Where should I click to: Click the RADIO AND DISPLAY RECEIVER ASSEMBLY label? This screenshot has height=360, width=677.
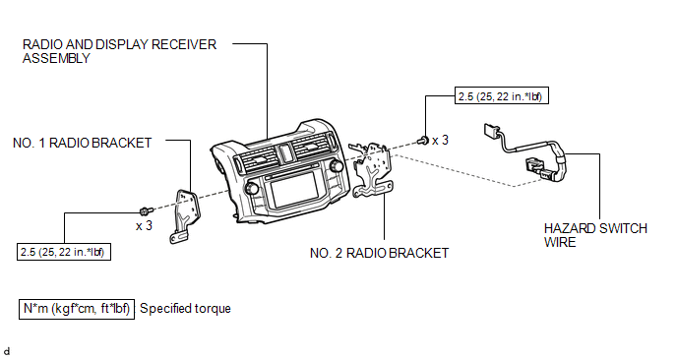(119, 51)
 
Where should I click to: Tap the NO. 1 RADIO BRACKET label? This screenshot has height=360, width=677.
(82, 143)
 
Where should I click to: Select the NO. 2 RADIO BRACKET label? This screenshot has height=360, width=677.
(379, 253)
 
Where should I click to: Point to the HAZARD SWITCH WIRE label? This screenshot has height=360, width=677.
(595, 235)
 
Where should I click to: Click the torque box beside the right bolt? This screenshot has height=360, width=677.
(502, 95)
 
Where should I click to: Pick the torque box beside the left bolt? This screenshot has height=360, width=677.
(63, 252)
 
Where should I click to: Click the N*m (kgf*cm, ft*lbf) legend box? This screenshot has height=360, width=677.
(77, 309)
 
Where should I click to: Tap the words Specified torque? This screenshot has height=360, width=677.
(185, 309)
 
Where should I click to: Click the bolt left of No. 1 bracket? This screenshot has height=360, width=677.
(147, 211)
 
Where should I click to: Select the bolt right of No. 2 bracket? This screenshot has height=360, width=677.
(423, 140)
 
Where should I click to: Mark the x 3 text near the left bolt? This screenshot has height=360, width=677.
(145, 226)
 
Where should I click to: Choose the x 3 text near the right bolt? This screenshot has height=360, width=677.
(441, 141)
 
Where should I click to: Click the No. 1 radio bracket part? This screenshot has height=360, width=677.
(184, 215)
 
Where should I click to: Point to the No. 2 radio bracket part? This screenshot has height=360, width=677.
(372, 170)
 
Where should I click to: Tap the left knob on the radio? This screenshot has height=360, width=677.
(250, 189)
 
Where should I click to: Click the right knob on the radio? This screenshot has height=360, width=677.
(336, 165)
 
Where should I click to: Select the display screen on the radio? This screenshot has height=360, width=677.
(294, 190)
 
